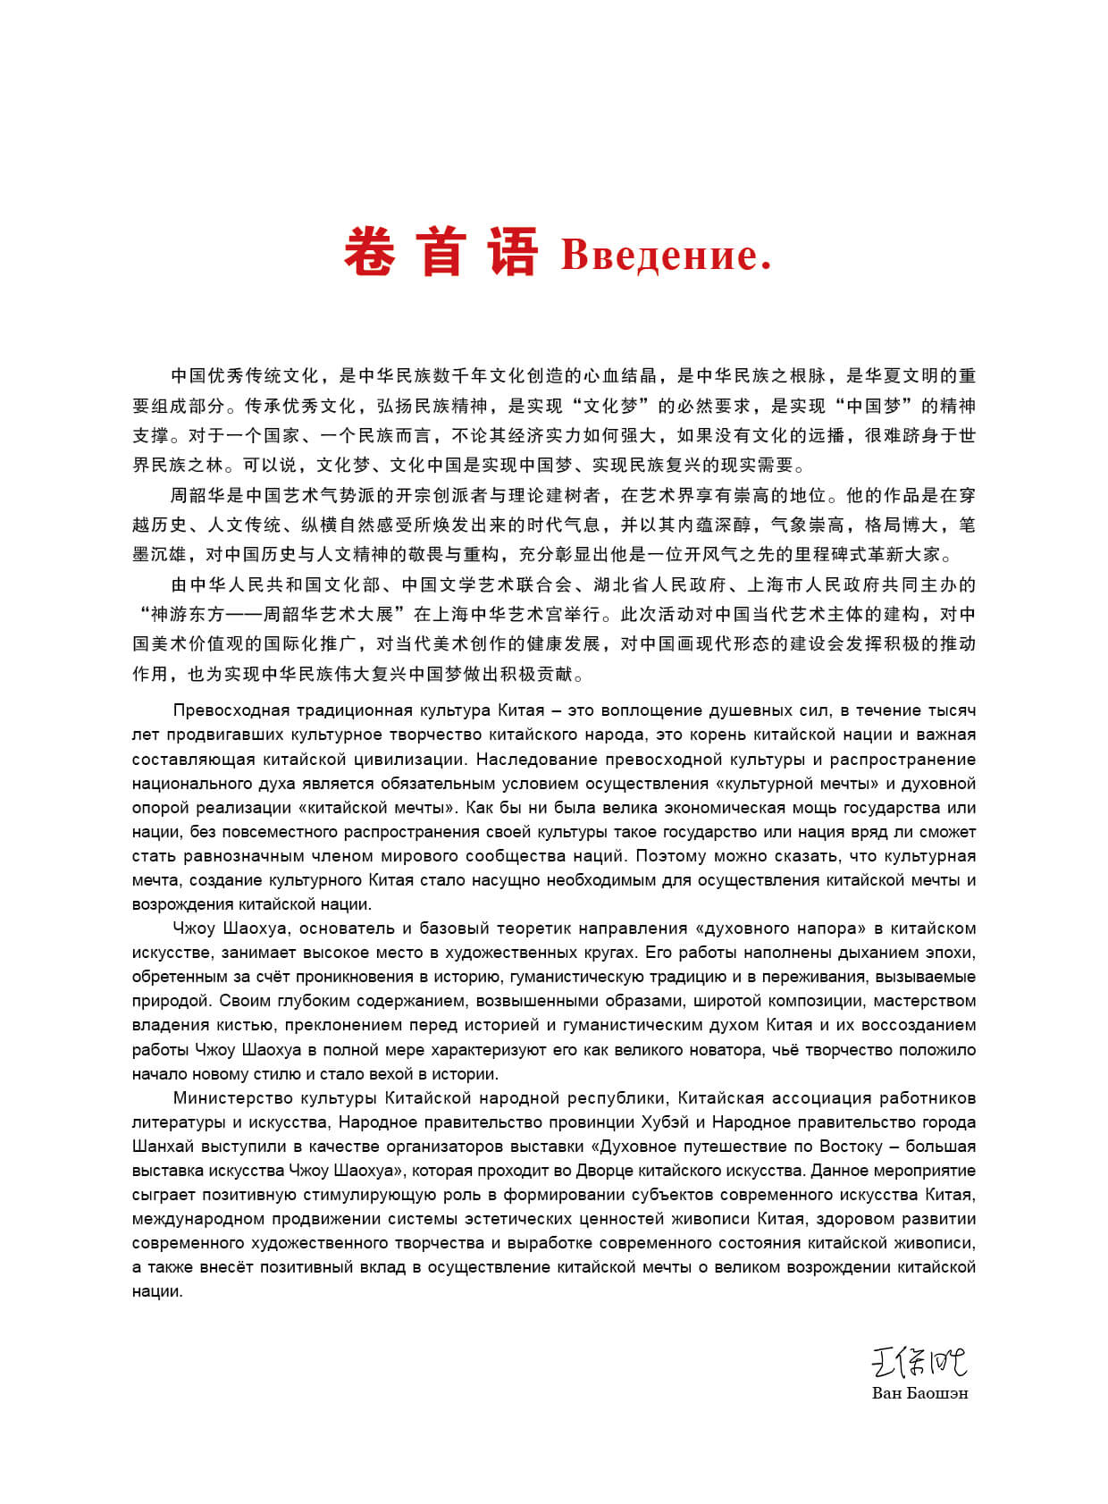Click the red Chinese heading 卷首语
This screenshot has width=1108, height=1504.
pos(441,252)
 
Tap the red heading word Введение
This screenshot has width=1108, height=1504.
pos(666,256)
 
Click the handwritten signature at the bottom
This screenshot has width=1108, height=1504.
pos(919,1363)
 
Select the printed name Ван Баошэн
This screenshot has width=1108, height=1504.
pos(919,1392)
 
